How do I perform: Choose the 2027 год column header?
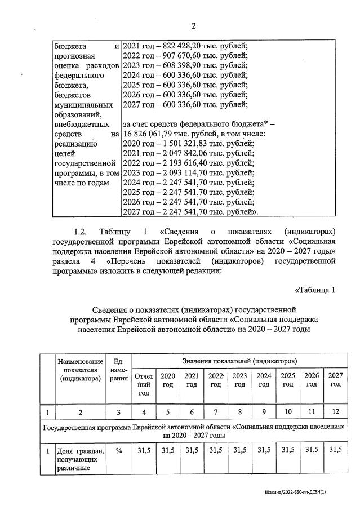click(x=335, y=379)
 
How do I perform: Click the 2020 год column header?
click(x=168, y=379)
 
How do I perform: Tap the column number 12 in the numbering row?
click(x=335, y=413)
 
